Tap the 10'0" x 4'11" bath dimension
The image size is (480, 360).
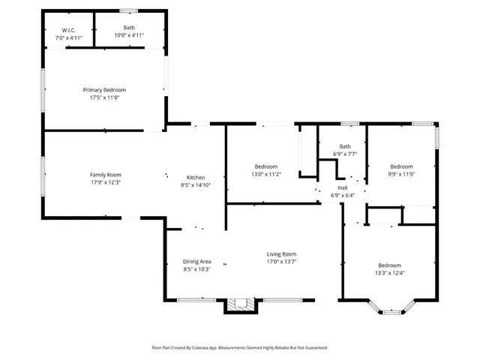click(128, 35)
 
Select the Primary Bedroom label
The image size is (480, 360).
click(104, 89)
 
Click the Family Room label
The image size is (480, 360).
click(105, 174)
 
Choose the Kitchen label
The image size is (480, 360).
click(196, 177)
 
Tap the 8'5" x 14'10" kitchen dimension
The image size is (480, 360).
click(196, 184)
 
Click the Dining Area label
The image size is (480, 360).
click(196, 261)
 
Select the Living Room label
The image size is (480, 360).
click(281, 253)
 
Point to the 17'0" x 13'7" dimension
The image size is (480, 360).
click(281, 262)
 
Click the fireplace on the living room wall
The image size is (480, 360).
click(241, 304)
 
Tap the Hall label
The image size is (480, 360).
click(343, 187)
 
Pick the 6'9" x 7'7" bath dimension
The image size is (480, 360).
click(345, 154)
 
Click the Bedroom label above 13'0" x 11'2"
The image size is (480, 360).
click(265, 166)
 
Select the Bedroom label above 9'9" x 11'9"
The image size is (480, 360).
click(401, 166)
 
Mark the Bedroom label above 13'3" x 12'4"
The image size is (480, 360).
click(389, 265)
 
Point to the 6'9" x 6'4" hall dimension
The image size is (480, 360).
click(343, 195)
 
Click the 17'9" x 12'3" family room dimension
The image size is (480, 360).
click(105, 181)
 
